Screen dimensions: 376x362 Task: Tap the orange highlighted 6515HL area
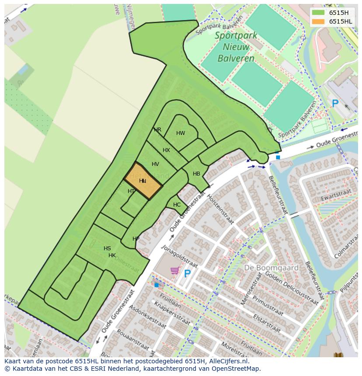(143, 180)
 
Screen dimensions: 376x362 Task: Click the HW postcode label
(181, 133)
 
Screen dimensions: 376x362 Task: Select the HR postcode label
(157, 130)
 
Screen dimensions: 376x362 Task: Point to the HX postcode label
(166, 150)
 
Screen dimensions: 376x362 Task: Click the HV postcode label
(155, 164)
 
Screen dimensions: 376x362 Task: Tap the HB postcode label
(196, 174)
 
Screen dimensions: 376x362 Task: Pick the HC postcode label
(177, 204)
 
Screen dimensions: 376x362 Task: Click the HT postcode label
(131, 191)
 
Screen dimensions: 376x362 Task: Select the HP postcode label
(136, 239)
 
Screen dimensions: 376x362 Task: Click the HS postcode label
(107, 248)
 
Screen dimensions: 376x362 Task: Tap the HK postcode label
(112, 255)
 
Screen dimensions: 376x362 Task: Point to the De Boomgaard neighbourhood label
(271, 267)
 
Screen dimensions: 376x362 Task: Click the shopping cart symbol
(175, 271)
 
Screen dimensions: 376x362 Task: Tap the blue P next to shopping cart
(187, 274)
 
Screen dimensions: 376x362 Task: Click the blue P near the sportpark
(335, 104)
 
